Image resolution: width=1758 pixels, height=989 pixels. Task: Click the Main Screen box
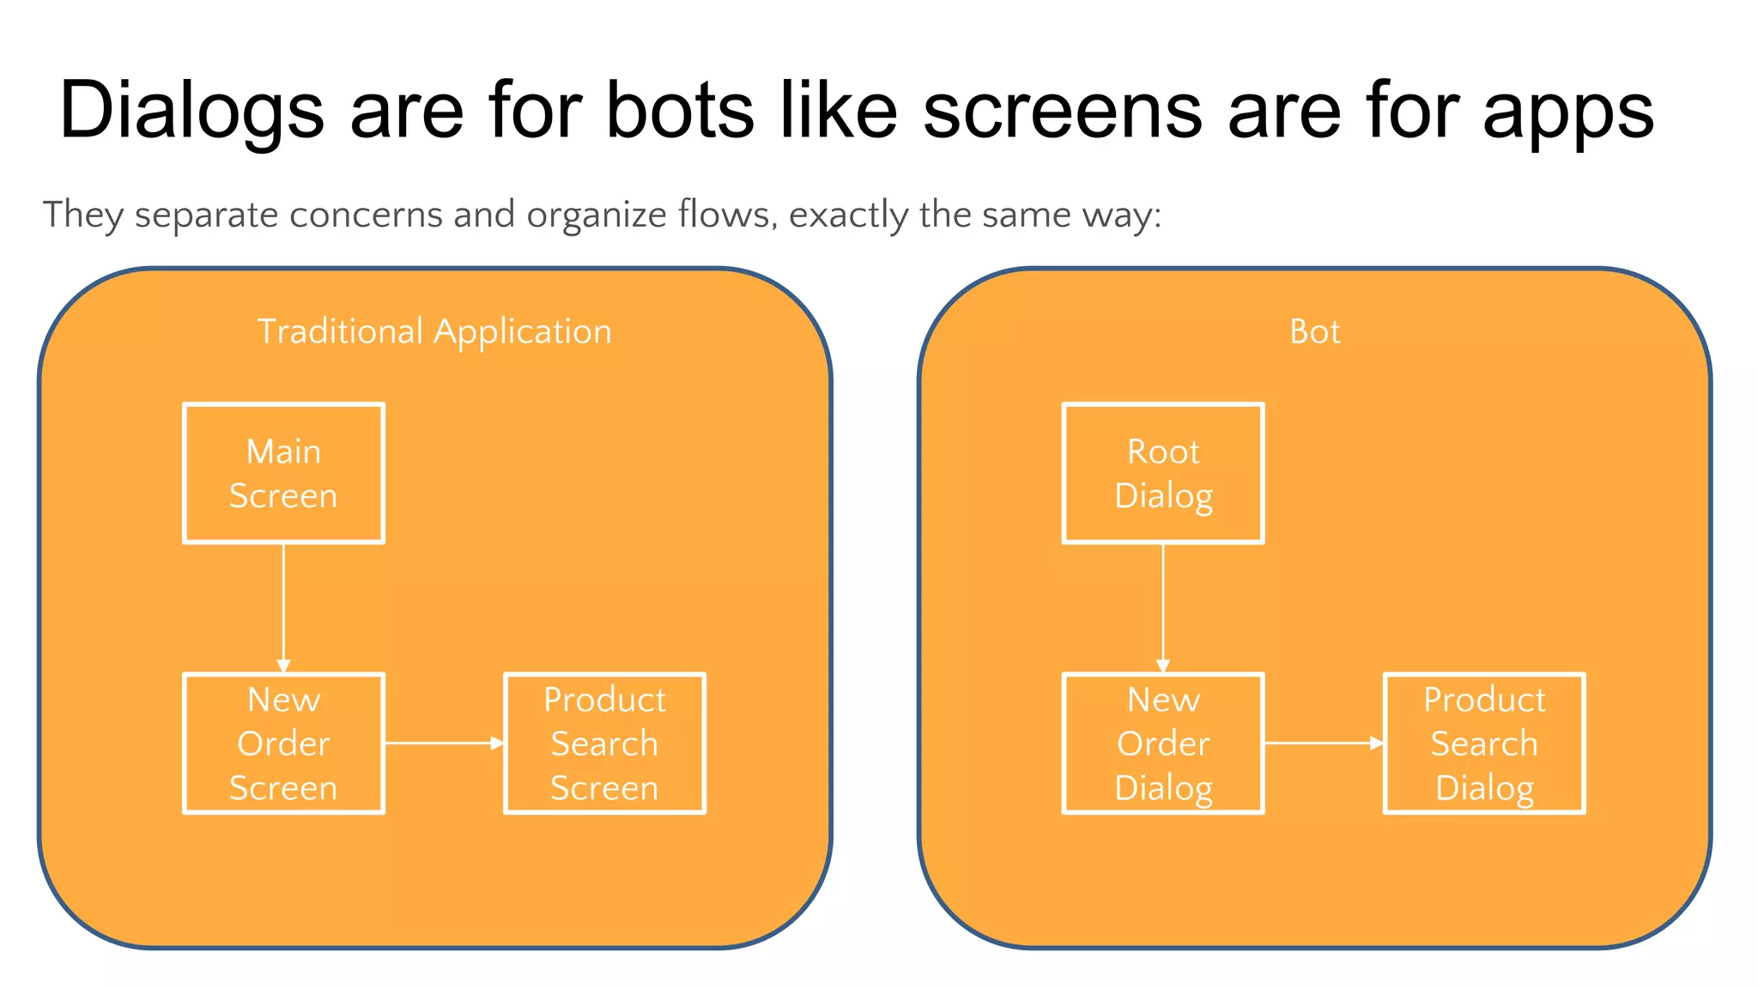[283, 473]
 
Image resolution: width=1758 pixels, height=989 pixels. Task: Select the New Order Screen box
[283, 743]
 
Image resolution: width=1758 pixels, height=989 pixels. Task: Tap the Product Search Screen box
[604, 743]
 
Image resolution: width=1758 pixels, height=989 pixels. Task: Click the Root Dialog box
[1163, 473]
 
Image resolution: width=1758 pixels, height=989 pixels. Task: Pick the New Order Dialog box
[1163, 743]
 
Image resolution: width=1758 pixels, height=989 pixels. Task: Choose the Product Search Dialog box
[1484, 743]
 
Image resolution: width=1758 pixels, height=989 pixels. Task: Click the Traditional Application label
[434, 331]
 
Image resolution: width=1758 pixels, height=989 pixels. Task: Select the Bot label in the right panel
[1314, 331]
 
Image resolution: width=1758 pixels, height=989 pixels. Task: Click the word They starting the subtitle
[83, 215]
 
